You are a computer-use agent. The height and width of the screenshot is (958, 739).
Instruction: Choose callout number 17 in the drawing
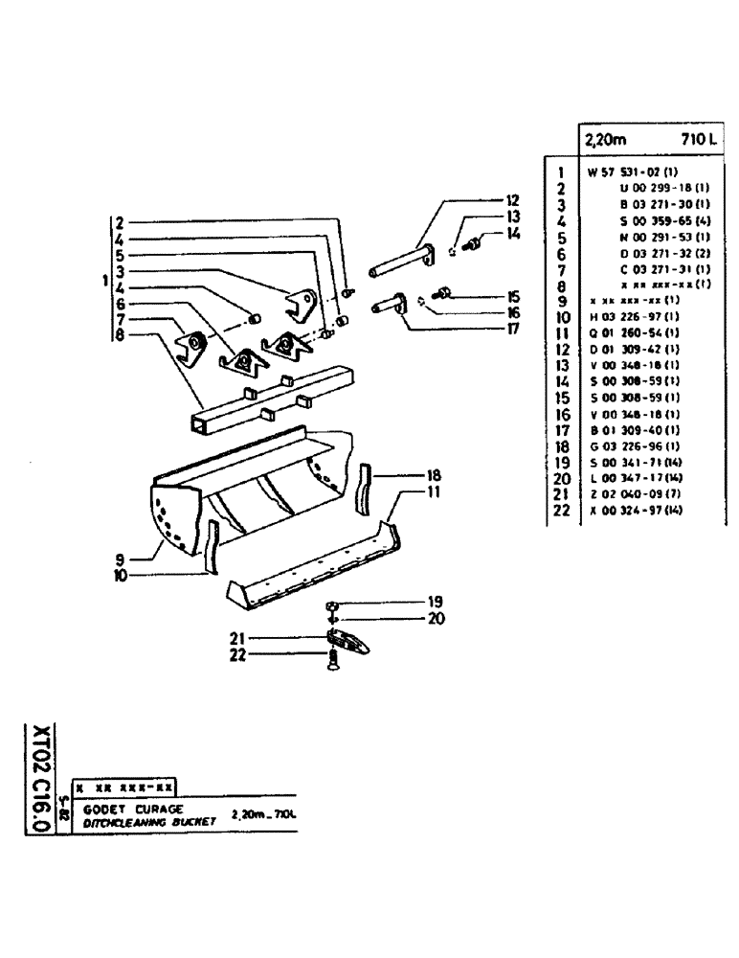[513, 328]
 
